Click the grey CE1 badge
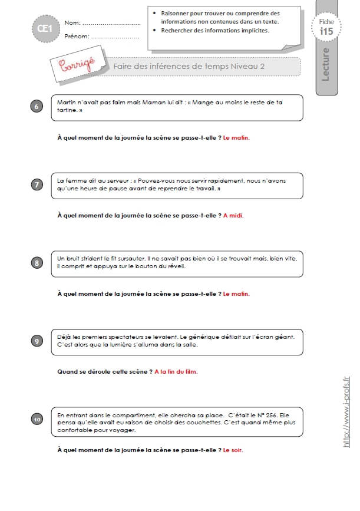pyautogui.click(x=46, y=29)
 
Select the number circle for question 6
pyautogui.click(x=37, y=107)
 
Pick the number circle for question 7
pyautogui.click(x=37, y=185)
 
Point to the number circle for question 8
pyautogui.click(x=37, y=263)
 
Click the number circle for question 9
pyautogui.click(x=37, y=341)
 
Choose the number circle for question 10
pyautogui.click(x=37, y=420)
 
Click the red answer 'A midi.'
pyautogui.click(x=233, y=215)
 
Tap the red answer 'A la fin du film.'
pyautogui.click(x=176, y=371)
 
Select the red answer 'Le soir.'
pyautogui.click(x=233, y=450)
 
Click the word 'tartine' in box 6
pyautogui.click(x=67, y=110)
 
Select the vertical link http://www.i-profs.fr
pyautogui.click(x=346, y=412)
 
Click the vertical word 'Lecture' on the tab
pyautogui.click(x=325, y=64)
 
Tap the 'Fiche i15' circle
pyautogui.click(x=326, y=27)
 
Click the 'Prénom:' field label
pyautogui.click(x=77, y=36)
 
